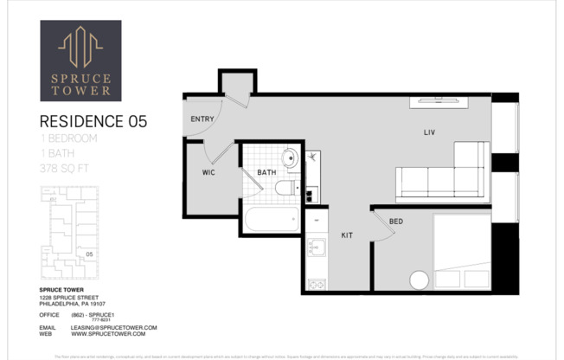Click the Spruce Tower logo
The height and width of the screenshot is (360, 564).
click(80, 61)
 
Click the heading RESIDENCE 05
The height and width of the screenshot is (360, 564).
click(93, 122)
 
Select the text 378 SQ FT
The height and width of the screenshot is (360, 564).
click(68, 169)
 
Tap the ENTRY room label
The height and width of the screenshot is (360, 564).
click(202, 119)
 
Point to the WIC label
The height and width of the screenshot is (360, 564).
click(208, 173)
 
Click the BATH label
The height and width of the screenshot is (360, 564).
click(266, 173)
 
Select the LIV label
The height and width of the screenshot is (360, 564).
click(427, 132)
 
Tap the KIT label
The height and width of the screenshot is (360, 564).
click(346, 235)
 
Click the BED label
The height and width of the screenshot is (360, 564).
click(395, 222)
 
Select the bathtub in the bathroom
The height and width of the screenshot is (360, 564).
click(272, 219)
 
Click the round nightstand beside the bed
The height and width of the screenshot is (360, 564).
click(419, 280)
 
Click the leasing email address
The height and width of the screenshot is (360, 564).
click(113, 327)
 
